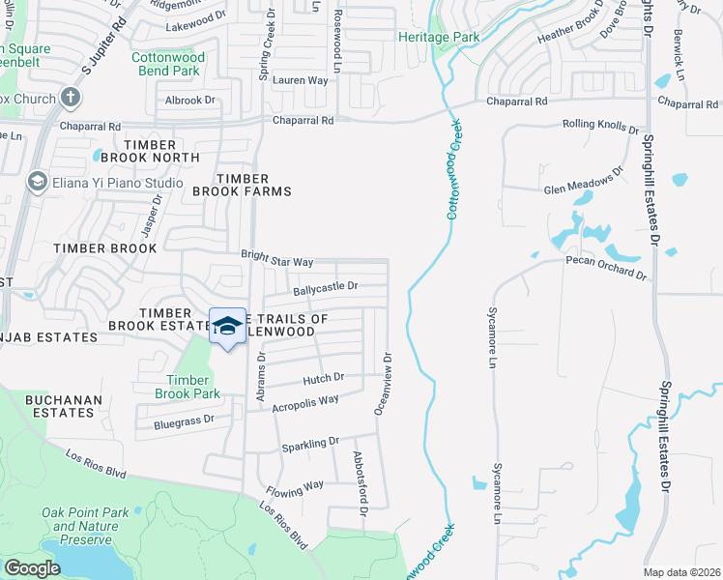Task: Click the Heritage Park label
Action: (439, 37)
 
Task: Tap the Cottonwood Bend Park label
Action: (165, 64)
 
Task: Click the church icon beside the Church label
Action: (70, 97)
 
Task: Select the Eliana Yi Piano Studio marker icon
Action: (38, 182)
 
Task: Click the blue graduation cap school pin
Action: (228, 327)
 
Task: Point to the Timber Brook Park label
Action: (188, 387)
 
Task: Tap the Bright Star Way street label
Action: (277, 262)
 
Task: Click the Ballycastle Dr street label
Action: (326, 286)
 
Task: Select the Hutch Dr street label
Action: (324, 379)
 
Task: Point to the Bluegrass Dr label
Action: (184, 421)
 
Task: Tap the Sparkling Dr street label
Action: (310, 444)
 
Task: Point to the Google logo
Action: (33, 568)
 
